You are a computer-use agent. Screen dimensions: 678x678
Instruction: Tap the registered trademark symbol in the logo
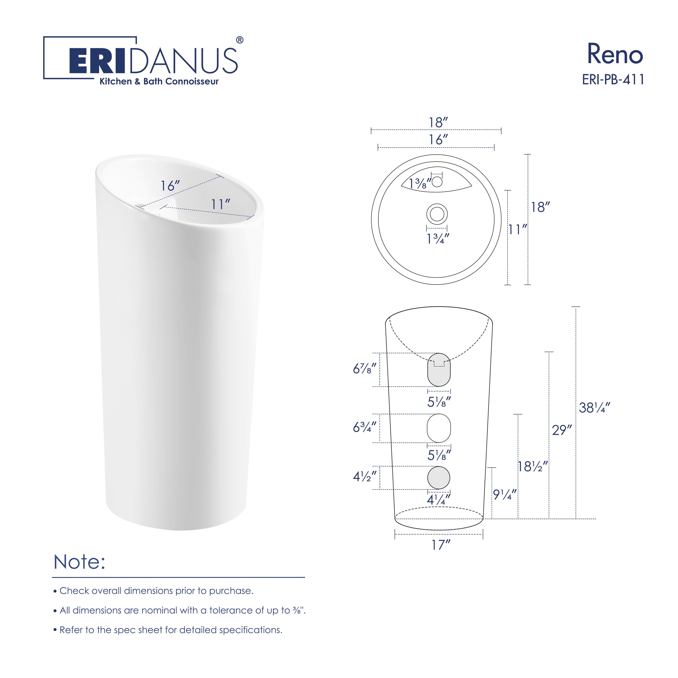pyautogui.click(x=240, y=40)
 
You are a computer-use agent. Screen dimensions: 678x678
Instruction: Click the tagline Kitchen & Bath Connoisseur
pyautogui.click(x=159, y=81)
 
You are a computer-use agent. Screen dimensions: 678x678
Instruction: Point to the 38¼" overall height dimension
pyautogui.click(x=594, y=408)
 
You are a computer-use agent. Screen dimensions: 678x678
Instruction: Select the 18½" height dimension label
pyautogui.click(x=533, y=466)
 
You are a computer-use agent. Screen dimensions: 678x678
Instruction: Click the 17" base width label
pyautogui.click(x=441, y=545)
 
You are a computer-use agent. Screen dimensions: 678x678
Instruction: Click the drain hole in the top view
pyautogui.click(x=437, y=214)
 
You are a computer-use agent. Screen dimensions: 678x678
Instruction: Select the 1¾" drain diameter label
pyautogui.click(x=438, y=239)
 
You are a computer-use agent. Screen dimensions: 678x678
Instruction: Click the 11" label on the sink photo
pyautogui.click(x=220, y=204)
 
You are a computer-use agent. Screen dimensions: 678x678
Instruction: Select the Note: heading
pyautogui.click(x=79, y=562)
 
